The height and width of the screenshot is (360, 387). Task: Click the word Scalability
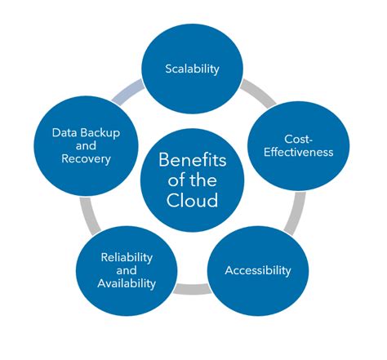click(x=192, y=69)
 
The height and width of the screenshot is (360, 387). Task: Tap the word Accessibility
click(x=257, y=269)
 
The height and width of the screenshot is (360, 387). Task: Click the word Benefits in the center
click(x=193, y=159)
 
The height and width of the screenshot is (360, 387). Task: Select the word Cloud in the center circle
click(x=193, y=201)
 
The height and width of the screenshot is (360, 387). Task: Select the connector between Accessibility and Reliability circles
click(x=192, y=288)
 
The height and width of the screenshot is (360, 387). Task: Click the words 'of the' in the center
click(x=193, y=180)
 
